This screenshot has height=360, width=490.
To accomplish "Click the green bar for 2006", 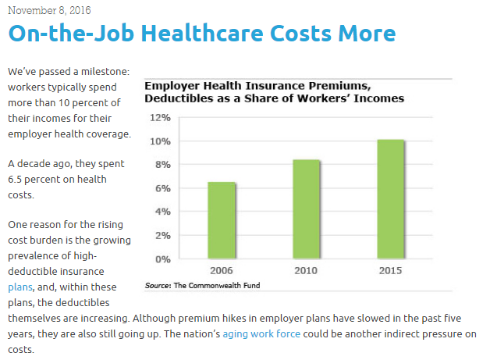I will (x=222, y=220).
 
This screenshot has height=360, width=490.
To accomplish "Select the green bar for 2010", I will (x=307, y=209).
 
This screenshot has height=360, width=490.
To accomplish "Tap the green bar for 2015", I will (x=390, y=199).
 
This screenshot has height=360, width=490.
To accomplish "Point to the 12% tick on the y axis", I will (x=160, y=118).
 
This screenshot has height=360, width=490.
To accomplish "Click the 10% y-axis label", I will (x=160, y=141).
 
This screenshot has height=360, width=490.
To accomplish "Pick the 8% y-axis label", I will (x=162, y=165).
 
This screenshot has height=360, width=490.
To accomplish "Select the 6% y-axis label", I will (x=162, y=188).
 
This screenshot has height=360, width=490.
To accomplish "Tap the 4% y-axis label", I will (x=162, y=212).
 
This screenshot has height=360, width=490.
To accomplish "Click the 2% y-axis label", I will (x=162, y=235).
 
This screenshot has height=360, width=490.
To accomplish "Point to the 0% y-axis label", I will (x=162, y=258).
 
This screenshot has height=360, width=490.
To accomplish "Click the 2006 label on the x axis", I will (x=222, y=271).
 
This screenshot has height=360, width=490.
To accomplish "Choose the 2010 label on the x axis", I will (x=307, y=271).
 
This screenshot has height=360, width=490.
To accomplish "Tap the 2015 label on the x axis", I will (x=390, y=271).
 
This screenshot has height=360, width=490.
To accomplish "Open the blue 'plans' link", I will (x=20, y=287).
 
